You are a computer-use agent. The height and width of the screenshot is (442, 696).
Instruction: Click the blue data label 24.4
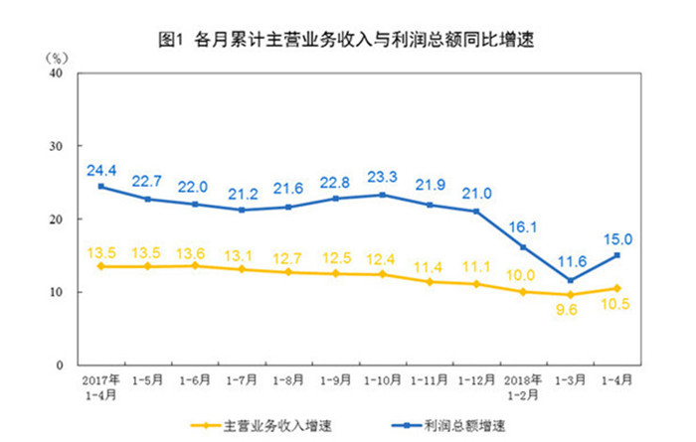click(101, 170)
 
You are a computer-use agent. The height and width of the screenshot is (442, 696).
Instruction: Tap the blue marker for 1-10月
click(383, 195)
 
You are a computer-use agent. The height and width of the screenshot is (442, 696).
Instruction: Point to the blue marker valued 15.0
click(617, 255)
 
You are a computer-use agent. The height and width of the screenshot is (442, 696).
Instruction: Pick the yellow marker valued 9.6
click(571, 295)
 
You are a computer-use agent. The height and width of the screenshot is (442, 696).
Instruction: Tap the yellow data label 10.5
click(617, 306)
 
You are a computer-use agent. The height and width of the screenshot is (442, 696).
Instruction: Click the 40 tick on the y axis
click(56, 74)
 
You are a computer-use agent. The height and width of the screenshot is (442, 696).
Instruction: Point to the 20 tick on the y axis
click(56, 220)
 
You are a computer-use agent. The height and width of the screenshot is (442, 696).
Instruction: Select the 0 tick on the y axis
click(60, 366)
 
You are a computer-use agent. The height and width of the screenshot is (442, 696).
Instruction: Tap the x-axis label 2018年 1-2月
click(523, 386)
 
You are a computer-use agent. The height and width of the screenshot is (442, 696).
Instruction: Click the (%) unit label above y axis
click(59, 57)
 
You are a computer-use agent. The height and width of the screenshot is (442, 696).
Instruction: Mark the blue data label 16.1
click(524, 228)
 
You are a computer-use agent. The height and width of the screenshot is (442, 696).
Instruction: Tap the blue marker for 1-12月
click(476, 212)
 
